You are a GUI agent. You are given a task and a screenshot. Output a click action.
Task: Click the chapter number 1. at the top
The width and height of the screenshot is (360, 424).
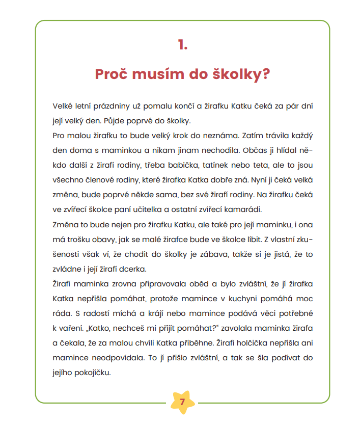click(183, 45)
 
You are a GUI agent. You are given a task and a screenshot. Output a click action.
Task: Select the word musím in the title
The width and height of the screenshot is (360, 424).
click(159, 74)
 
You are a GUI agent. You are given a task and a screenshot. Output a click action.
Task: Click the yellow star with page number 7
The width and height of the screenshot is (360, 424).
click(182, 403)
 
